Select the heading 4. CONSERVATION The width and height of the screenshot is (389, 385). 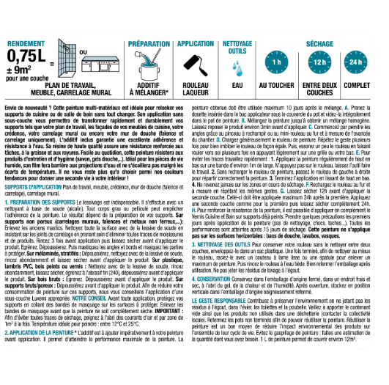coord(226,298)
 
